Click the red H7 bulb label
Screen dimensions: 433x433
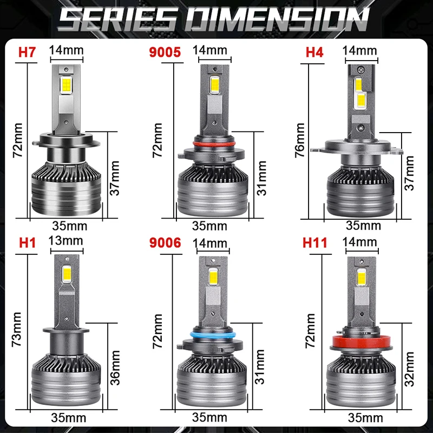(27, 52)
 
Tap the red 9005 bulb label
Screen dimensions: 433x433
(165, 52)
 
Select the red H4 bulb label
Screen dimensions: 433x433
(314, 52)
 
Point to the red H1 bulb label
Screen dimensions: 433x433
(28, 242)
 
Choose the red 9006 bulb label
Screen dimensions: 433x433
(165, 242)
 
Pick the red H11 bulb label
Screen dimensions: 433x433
(314, 242)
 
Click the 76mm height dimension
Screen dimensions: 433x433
(300, 140)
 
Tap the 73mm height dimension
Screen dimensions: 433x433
(17, 330)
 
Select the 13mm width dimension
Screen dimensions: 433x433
(65, 241)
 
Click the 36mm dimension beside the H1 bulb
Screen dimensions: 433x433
(115, 368)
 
